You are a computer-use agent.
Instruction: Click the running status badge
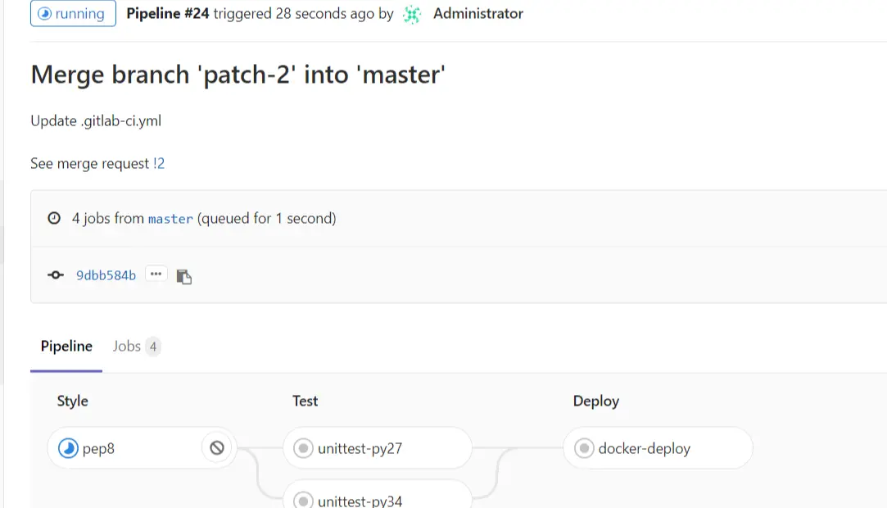pyautogui.click(x=73, y=14)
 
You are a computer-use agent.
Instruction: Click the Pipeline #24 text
pyautogui.click(x=167, y=14)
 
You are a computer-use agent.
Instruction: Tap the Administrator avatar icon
pyautogui.click(x=412, y=14)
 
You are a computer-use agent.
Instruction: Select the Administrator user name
pyautogui.click(x=477, y=14)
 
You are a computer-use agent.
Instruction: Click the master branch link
pyautogui.click(x=170, y=219)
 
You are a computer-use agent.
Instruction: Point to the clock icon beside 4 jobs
pyautogui.click(x=54, y=219)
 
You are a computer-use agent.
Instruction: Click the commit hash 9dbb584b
pyautogui.click(x=106, y=275)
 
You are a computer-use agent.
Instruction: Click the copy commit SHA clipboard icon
pyautogui.click(x=184, y=276)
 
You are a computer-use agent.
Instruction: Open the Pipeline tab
pyautogui.click(x=66, y=347)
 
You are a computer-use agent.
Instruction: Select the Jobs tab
pyautogui.click(x=127, y=347)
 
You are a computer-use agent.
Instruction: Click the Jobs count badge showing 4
pyautogui.click(x=153, y=347)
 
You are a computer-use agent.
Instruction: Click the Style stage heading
pyautogui.click(x=72, y=401)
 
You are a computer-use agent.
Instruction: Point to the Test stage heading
pyautogui.click(x=305, y=401)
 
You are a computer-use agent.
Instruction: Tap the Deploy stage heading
pyautogui.click(x=595, y=401)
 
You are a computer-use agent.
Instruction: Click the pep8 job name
pyautogui.click(x=98, y=448)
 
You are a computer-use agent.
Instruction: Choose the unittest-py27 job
pyautogui.click(x=360, y=448)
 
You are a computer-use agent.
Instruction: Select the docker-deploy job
pyautogui.click(x=644, y=448)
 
